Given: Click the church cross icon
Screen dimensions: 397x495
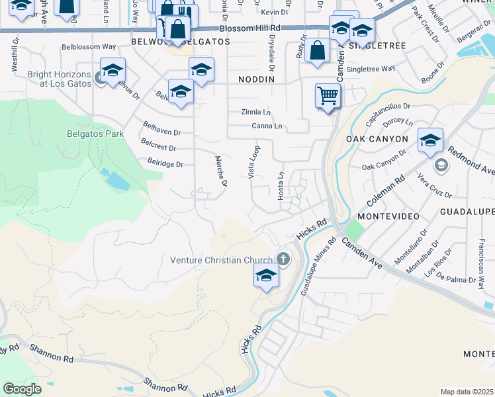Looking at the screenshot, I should pyautogui.click(x=283, y=259).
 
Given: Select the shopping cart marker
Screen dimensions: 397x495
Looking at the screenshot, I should pyautogui.click(x=328, y=96).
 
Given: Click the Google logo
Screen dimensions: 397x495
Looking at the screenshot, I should pyautogui.click(x=22, y=389).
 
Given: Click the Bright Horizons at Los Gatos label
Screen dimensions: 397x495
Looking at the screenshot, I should pyautogui.click(x=58, y=79).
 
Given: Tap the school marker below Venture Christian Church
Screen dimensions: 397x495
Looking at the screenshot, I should pyautogui.click(x=266, y=277).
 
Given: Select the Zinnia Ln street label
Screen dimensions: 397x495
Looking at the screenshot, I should pyautogui.click(x=256, y=112).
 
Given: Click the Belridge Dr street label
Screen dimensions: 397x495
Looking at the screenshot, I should pyautogui.click(x=165, y=163).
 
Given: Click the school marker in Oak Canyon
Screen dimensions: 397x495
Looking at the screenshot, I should pyautogui.click(x=430, y=140).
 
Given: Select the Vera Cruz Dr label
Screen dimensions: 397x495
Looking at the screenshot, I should pyautogui.click(x=435, y=186).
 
